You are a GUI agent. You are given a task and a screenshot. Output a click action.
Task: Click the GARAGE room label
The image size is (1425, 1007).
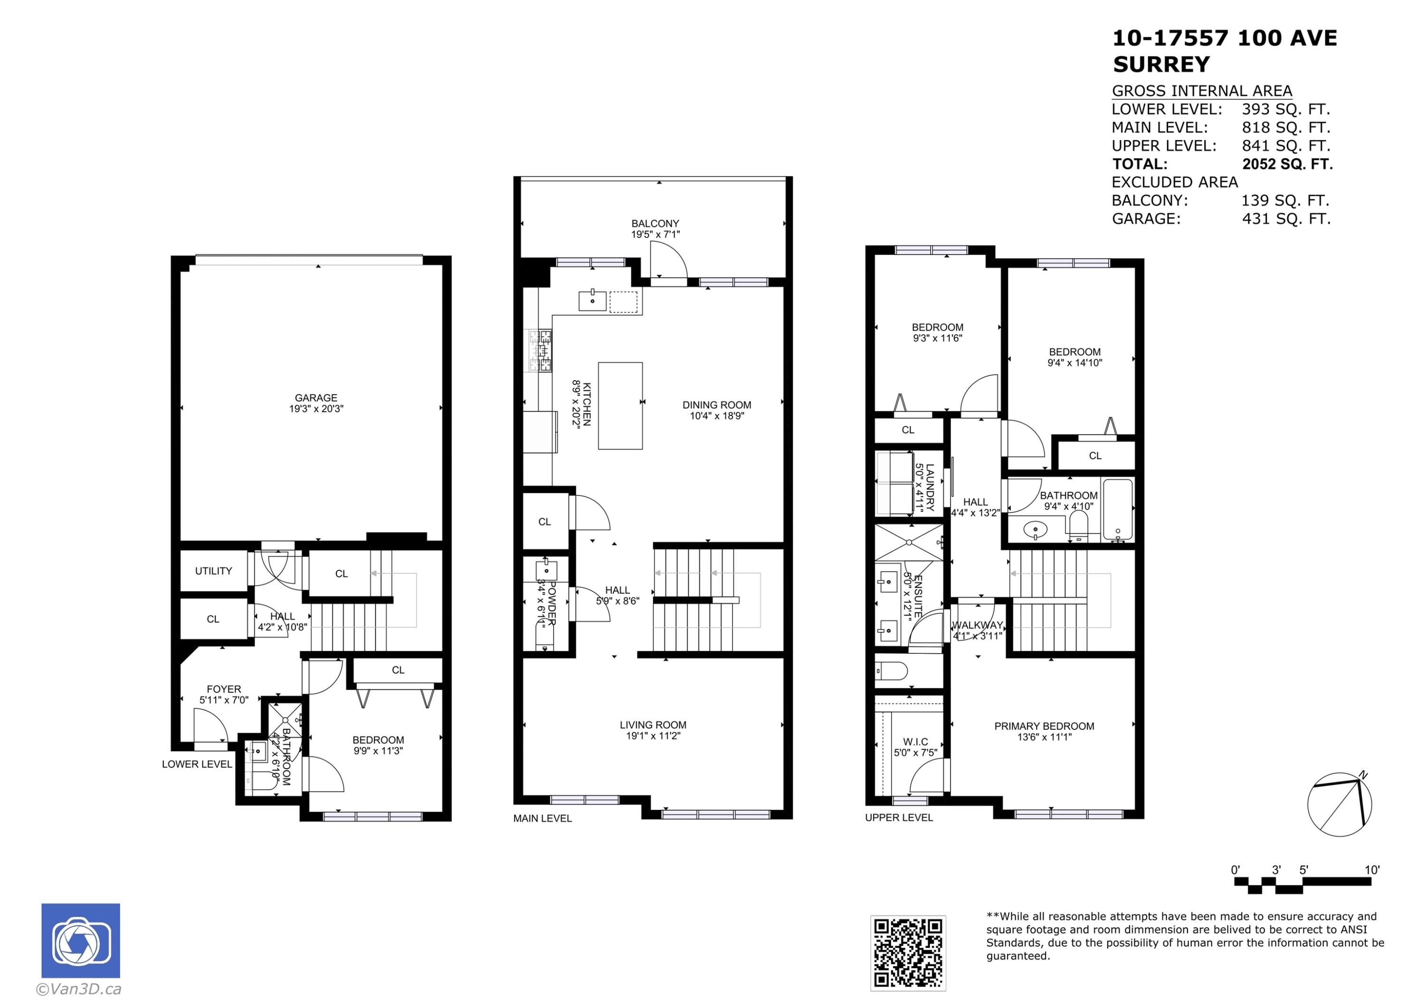316,398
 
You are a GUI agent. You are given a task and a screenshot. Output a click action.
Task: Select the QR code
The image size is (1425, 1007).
907,953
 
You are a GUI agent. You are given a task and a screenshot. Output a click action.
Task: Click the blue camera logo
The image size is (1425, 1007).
81,941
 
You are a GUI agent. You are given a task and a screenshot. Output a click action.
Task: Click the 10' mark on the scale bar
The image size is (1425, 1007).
1372,870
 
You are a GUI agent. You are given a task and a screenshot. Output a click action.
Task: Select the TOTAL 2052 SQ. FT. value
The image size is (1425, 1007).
1287,164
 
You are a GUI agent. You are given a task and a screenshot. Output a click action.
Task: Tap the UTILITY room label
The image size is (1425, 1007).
213,571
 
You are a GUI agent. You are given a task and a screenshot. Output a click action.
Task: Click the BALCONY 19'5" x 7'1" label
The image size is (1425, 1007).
655,228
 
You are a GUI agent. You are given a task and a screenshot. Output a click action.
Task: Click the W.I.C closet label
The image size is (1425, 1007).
915,742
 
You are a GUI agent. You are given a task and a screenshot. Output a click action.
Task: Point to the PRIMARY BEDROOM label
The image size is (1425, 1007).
1044,726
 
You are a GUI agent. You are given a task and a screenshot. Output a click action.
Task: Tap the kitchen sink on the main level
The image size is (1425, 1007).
592,301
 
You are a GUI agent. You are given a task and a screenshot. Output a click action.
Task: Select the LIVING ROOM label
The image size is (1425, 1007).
653,725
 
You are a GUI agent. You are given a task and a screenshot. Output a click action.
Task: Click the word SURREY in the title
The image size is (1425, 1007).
1160,65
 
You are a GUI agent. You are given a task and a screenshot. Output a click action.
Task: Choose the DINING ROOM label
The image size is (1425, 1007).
717,405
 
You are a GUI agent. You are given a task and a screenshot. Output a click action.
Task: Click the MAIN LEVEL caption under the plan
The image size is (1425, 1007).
542,819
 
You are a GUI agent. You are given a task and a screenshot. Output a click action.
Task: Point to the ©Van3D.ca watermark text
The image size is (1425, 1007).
79,989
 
